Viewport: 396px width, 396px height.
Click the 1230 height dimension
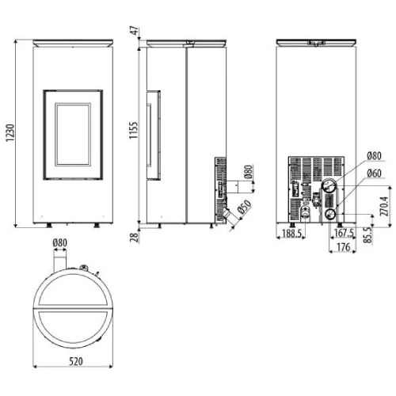(x=10, y=131)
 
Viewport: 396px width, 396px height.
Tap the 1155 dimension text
(x=135, y=131)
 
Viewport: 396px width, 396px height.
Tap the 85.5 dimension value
(x=367, y=235)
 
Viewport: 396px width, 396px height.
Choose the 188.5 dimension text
(x=292, y=235)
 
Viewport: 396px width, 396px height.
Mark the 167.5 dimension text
(x=343, y=234)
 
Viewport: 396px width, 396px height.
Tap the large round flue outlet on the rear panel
(x=326, y=188)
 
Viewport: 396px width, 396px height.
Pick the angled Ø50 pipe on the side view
(x=230, y=215)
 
